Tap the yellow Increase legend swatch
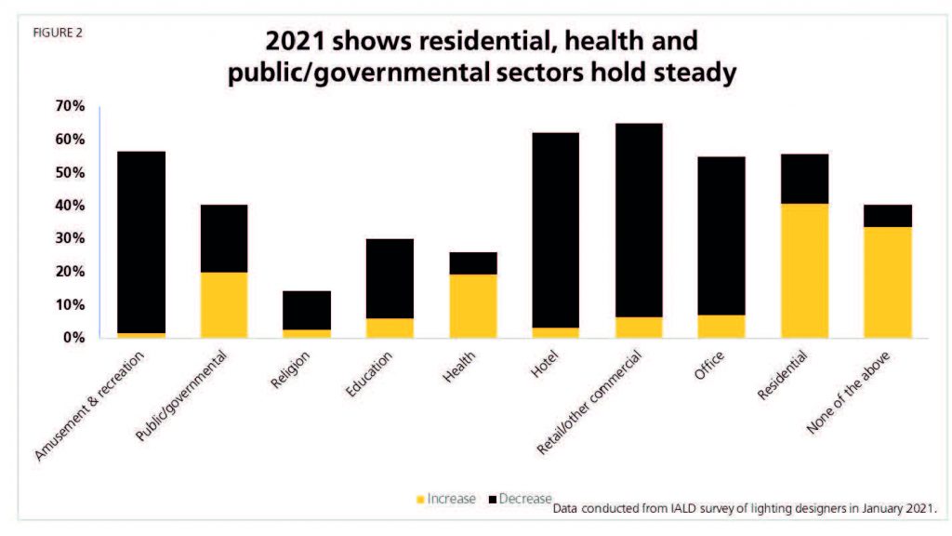click(419, 500)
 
